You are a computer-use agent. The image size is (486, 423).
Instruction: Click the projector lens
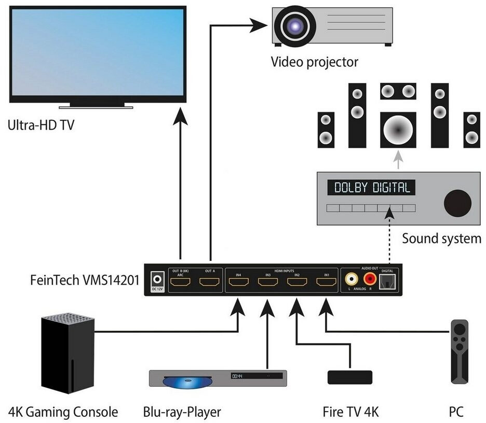click(x=294, y=25)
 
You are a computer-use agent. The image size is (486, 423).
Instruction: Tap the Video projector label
click(x=314, y=62)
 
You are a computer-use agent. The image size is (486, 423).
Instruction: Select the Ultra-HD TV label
click(x=41, y=125)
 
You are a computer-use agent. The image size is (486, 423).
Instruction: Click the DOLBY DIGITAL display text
click(x=372, y=188)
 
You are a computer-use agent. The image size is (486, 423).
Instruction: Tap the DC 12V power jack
click(x=155, y=279)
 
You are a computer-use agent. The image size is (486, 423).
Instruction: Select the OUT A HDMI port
click(x=210, y=282)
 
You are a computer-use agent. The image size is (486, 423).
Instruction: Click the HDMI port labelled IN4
click(x=238, y=282)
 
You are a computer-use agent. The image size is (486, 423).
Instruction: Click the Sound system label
click(x=441, y=239)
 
